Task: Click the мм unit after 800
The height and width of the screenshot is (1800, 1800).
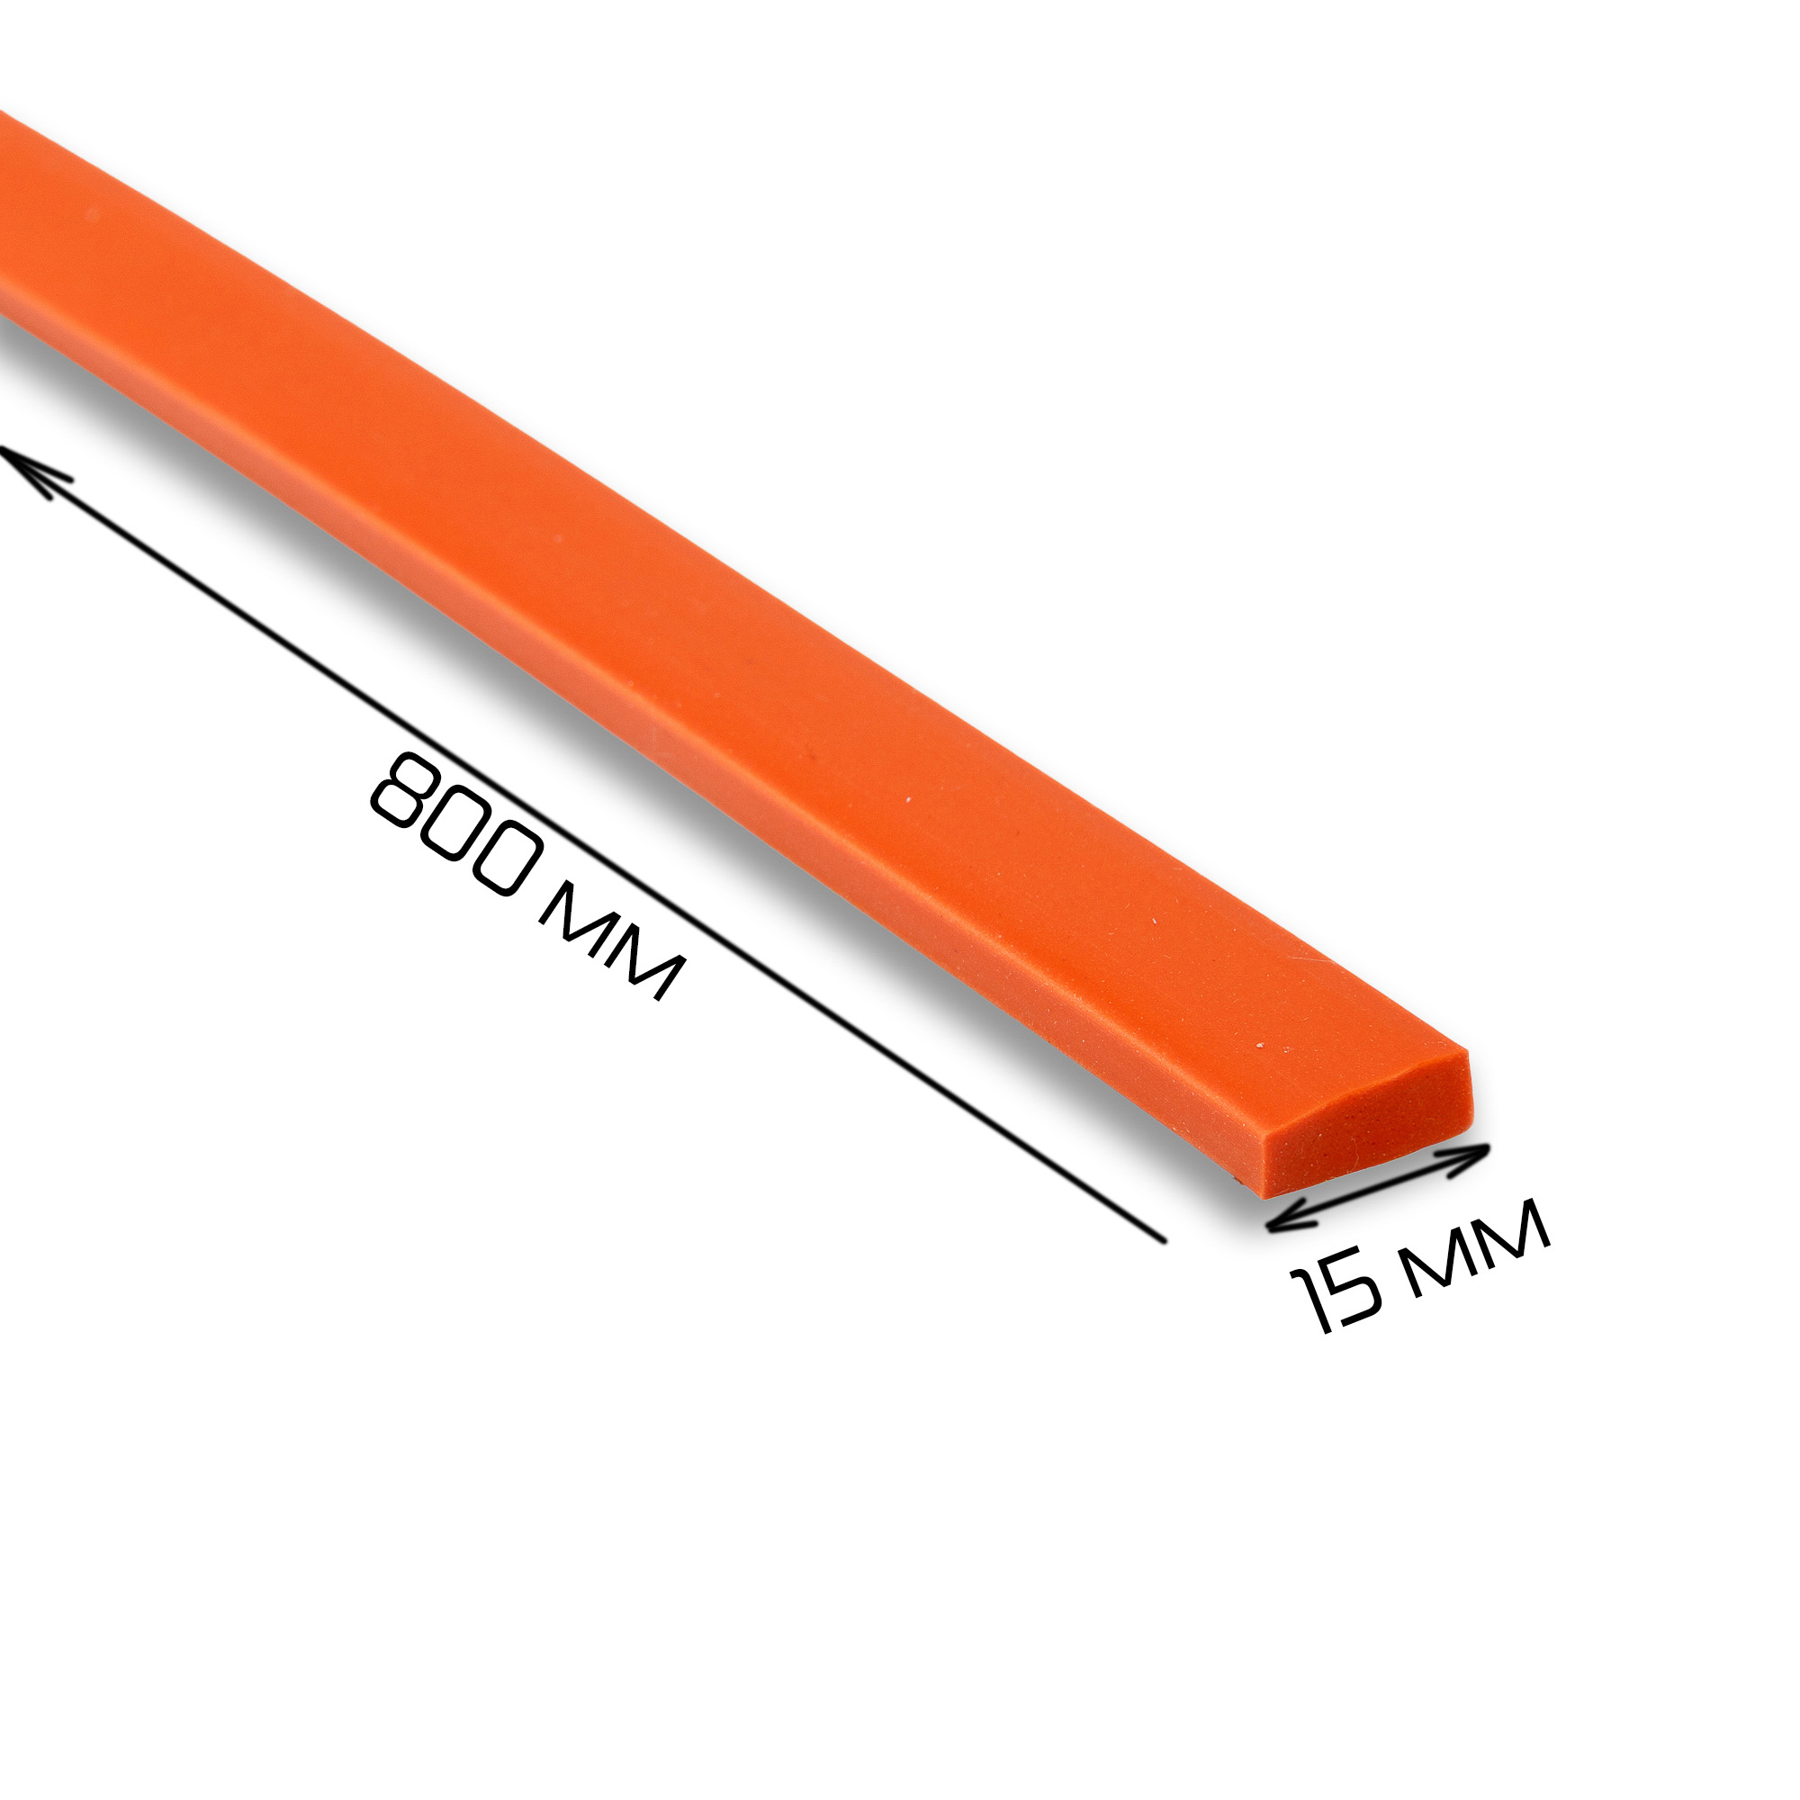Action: pos(612,942)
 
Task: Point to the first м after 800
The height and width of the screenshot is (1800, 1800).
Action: pos(578,920)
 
